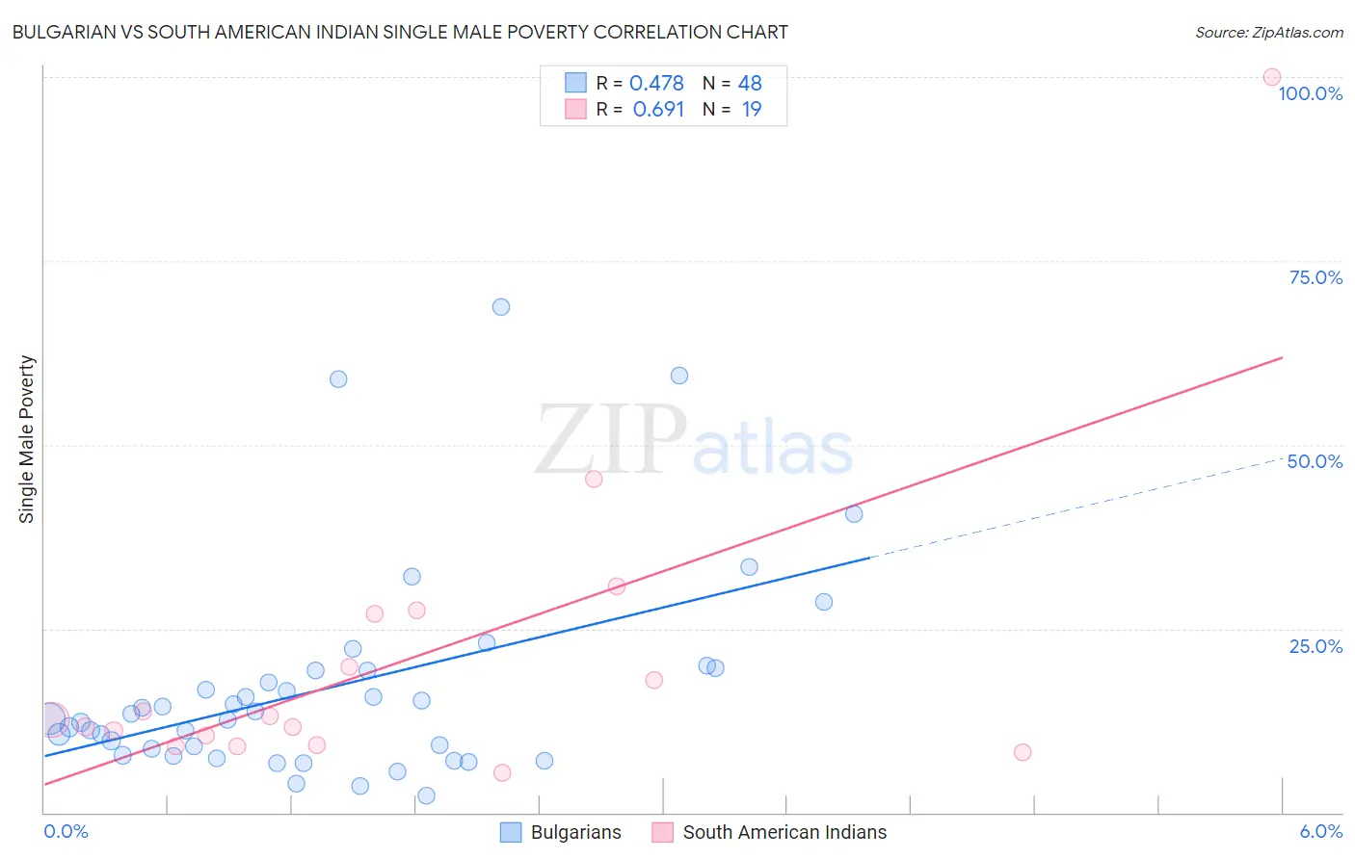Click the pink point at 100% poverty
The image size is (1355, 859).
[x=1271, y=77]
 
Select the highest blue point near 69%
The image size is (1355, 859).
[x=501, y=307]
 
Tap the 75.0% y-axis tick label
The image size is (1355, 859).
[x=1315, y=277]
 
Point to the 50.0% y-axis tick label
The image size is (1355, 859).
[x=1315, y=461]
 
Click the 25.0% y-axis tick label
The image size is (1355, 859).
[x=1315, y=646]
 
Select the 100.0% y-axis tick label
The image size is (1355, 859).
[x=1310, y=93]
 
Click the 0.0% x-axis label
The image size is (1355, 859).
[x=66, y=831]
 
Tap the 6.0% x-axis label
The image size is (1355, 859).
[x=1320, y=831]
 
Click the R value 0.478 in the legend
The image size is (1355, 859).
[x=656, y=84]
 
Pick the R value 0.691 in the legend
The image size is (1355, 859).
[x=658, y=110]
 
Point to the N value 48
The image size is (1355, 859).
[x=750, y=84]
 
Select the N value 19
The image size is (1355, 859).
[x=752, y=110]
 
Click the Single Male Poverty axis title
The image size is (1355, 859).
[x=27, y=439]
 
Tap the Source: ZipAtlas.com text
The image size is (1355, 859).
[x=1268, y=33]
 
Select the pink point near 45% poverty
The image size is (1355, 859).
[x=594, y=479]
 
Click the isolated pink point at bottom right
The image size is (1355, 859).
[x=1023, y=752]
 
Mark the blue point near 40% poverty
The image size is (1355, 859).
[x=854, y=514]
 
